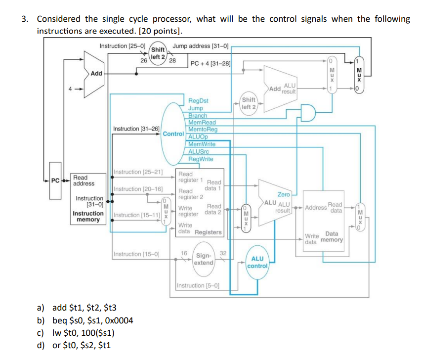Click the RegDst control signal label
[198, 101]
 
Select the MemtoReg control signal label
[203, 130]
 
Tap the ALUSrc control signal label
[199, 151]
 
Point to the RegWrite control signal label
[201, 159]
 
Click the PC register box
[56, 180]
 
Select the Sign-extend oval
[204, 259]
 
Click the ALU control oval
[257, 262]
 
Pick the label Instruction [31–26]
[136, 129]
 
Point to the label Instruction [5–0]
[198, 285]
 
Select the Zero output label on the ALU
[284, 195]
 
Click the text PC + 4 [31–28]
[210, 63]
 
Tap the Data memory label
[332, 237]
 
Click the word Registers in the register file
[208, 232]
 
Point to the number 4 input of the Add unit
[71, 90]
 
